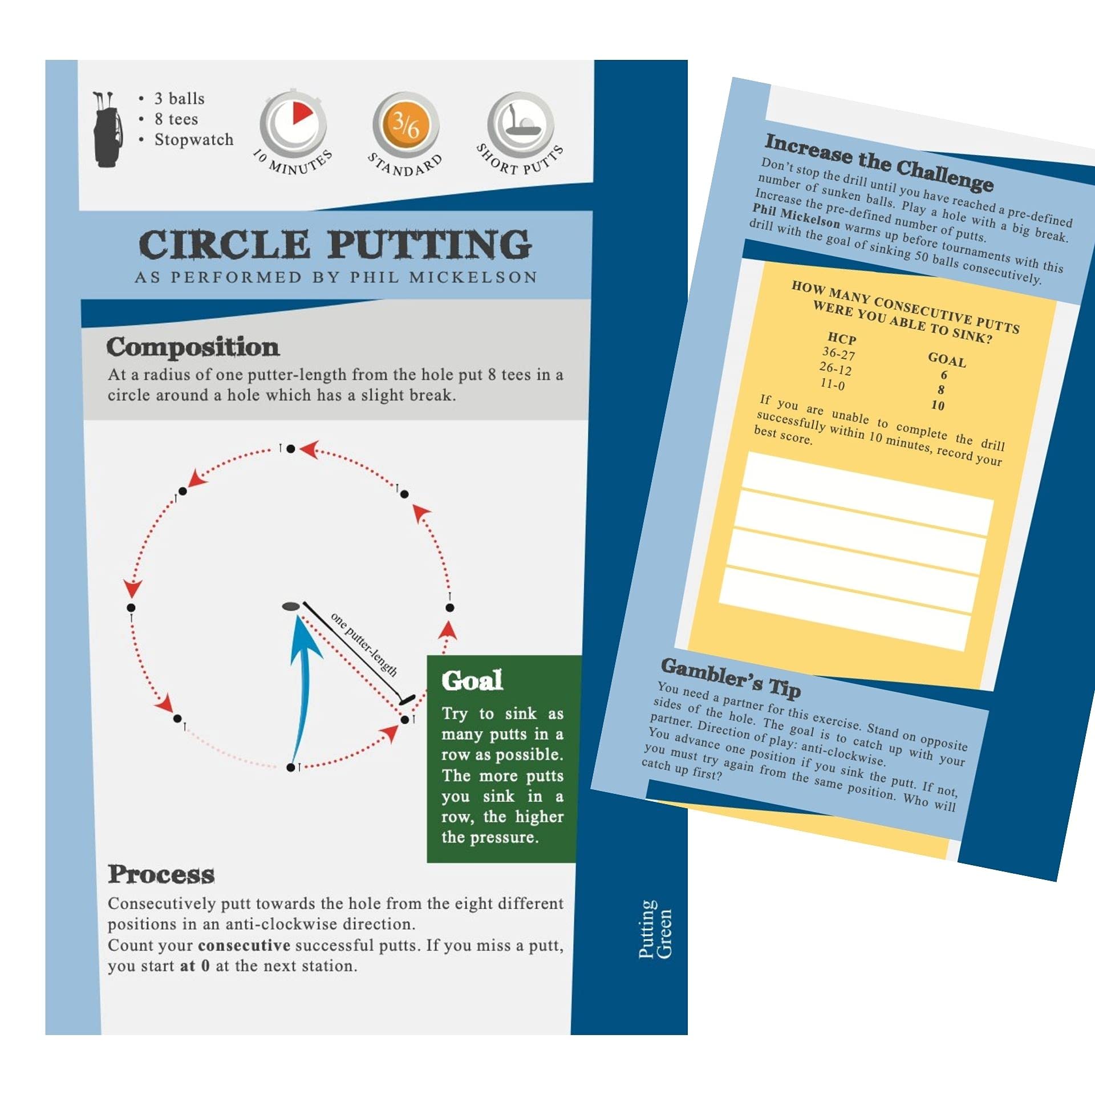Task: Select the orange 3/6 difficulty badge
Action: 406,123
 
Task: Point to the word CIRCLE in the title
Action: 224,245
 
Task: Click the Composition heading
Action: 193,347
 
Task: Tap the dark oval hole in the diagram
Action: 291,606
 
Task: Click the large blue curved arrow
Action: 302,684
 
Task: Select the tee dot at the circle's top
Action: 291,449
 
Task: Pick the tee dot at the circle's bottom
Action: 291,768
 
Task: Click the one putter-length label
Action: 364,644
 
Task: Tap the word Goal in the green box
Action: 472,680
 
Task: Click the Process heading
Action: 161,874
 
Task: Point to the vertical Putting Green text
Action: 655,930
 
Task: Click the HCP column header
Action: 842,338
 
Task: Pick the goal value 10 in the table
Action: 938,405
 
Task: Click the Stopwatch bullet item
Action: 194,140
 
